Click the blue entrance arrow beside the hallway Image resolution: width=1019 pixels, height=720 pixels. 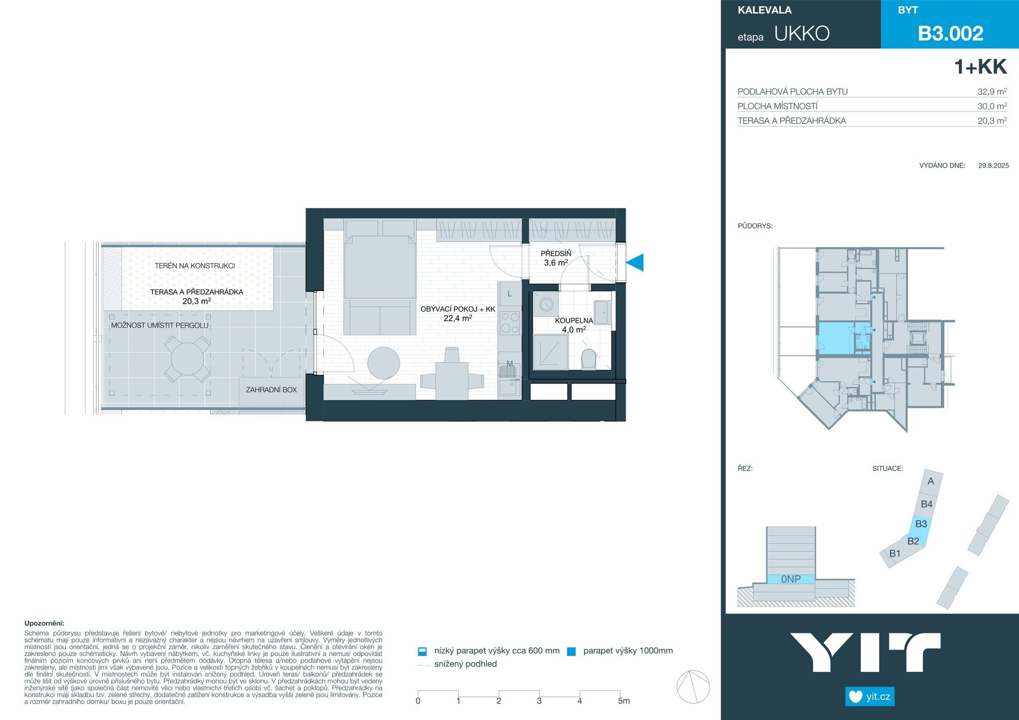tap(635, 263)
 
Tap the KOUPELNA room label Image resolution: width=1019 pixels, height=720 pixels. tap(574, 320)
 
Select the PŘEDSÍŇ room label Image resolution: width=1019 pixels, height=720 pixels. tap(556, 254)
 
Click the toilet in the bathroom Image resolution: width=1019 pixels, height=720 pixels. tap(589, 359)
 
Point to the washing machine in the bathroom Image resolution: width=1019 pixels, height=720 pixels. tap(546, 305)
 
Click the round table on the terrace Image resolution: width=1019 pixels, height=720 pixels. tap(187, 359)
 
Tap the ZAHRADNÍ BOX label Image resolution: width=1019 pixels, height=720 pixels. tap(271, 389)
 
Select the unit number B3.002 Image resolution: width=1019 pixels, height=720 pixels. tap(951, 33)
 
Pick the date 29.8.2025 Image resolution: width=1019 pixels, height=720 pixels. tap(994, 166)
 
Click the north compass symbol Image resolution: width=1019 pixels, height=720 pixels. tap(693, 687)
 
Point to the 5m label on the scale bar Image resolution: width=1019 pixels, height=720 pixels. tap(624, 701)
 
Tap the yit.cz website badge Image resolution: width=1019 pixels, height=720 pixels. tap(870, 696)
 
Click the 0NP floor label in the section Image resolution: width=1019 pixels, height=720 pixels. tap(791, 579)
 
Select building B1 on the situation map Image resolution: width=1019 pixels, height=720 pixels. tap(895, 553)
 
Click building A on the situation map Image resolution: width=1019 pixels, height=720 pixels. tap(931, 481)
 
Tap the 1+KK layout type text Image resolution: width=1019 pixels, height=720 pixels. tap(980, 67)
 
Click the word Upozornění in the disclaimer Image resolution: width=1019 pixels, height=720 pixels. tap(44, 623)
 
